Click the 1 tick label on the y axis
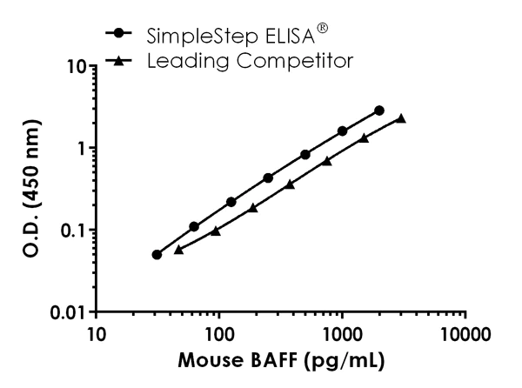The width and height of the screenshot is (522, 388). pos(79,148)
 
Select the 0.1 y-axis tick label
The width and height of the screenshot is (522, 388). pos(71,230)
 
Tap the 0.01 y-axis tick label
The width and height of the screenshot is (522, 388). pos(67,311)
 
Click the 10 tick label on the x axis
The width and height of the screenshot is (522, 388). pos(97,333)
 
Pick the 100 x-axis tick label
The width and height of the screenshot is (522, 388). pos(219,333)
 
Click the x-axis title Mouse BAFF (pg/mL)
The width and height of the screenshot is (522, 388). pos(281,359)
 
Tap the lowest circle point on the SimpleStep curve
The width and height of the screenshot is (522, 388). pos(157,255)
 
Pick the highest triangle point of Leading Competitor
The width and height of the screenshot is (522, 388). pos(401,118)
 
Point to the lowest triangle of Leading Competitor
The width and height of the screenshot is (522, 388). pos(178,250)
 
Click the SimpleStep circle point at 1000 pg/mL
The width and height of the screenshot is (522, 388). pos(342,130)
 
